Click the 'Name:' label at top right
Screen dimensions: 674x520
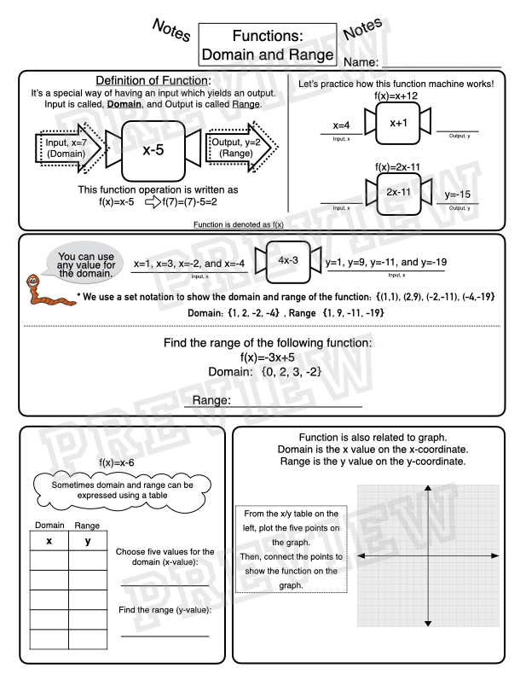click(x=365, y=61)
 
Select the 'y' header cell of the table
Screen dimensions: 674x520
click(x=88, y=540)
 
